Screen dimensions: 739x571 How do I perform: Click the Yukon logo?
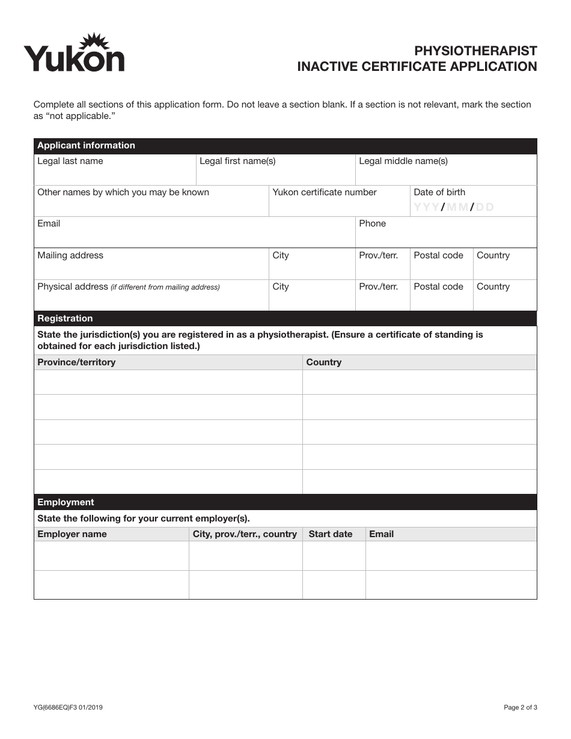pos(74,53)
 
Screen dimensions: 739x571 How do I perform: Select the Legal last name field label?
pos(70,161)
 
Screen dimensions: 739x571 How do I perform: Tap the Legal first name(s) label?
pos(237,161)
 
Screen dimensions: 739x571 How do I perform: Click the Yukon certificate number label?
pos(325,192)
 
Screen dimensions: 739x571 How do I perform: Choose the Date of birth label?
pos(439,192)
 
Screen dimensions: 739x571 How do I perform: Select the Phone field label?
pos(372,224)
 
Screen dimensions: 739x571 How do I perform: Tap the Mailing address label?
pos(70,255)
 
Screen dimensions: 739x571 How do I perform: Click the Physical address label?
pos(73,287)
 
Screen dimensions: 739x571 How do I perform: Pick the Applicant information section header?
pos(86,145)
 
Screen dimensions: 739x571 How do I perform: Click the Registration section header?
pos(65,318)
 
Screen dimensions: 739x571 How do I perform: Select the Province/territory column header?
pos(76,362)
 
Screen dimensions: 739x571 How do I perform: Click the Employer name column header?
pos(72,534)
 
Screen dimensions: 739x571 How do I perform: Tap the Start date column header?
pos(331,534)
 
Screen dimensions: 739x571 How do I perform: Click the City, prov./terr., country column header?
pos(245,534)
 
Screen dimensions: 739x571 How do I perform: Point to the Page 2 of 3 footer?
pos(521,708)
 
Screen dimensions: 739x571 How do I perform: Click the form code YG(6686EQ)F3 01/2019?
pos(68,708)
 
